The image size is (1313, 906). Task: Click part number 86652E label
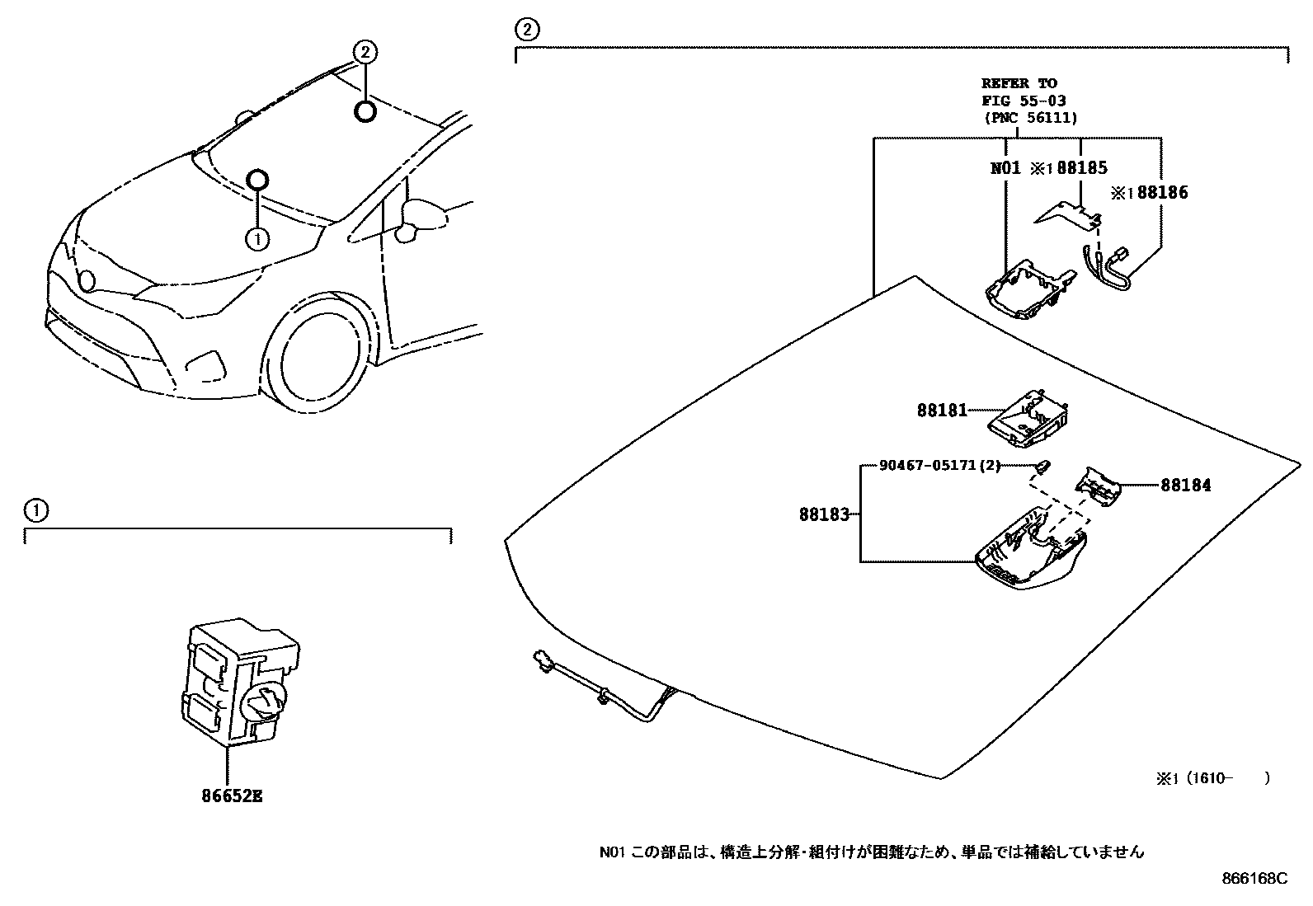point(231,796)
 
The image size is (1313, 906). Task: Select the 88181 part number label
point(942,410)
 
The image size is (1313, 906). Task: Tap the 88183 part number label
point(823,514)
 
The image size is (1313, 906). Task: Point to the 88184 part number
point(1186,486)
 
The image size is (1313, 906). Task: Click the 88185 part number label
point(1081,168)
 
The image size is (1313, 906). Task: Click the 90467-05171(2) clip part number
point(939,466)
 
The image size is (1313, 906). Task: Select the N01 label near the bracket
point(1006,168)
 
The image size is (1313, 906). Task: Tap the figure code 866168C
point(1254,879)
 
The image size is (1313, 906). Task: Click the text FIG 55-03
point(1023,101)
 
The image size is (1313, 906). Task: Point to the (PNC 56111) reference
point(1030,118)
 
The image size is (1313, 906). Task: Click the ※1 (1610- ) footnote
point(1212,777)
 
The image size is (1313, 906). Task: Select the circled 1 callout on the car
point(257,238)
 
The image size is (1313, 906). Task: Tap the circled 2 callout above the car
point(365,53)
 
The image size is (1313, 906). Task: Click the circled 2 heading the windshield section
point(527,31)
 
